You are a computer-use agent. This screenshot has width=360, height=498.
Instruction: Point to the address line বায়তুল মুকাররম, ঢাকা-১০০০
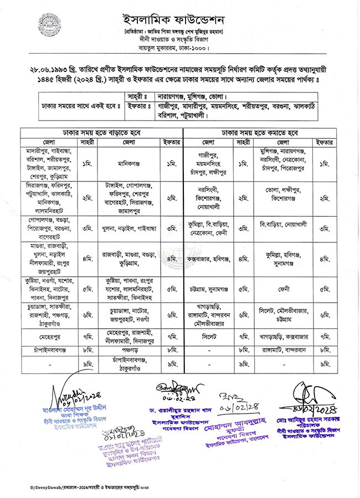(180, 48)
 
